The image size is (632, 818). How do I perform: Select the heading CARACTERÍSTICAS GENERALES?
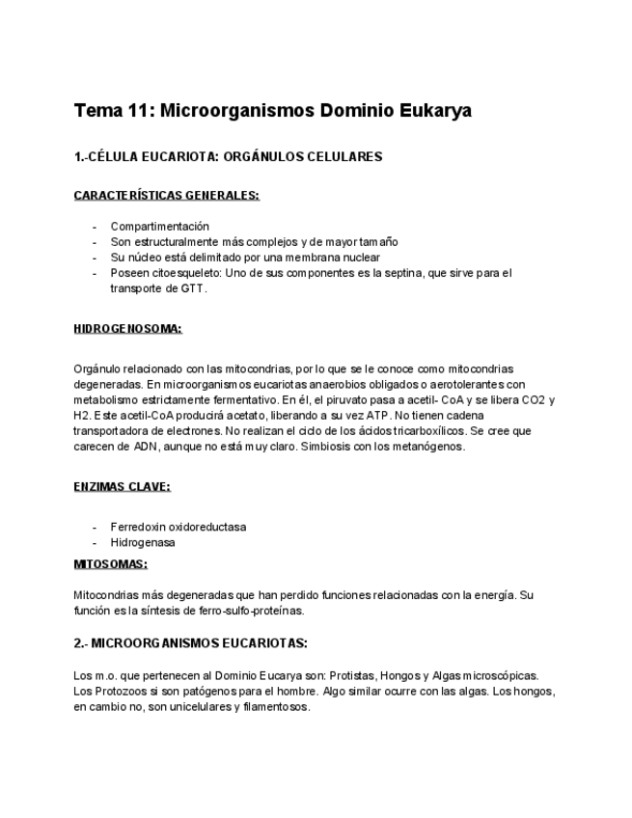point(166,195)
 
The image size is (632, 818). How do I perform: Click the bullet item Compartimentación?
point(159,227)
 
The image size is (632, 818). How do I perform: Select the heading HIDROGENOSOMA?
point(127,328)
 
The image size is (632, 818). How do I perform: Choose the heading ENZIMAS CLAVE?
point(122,486)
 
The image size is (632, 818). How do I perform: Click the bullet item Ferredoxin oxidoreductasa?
point(178,527)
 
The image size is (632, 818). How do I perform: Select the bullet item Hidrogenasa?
point(143,542)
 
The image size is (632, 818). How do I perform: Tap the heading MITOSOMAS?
point(110,563)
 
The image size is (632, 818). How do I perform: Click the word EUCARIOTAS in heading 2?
point(259,642)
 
